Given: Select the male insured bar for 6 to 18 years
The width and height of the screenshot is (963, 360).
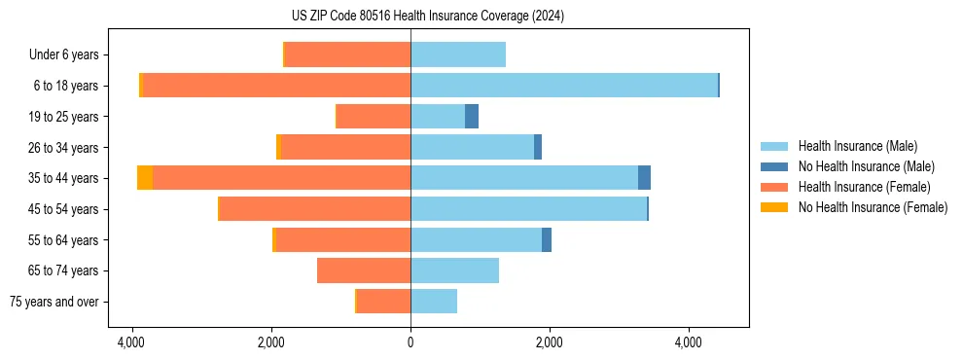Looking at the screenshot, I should point(564,86).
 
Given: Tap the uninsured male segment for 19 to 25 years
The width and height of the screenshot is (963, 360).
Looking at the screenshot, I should point(472,117).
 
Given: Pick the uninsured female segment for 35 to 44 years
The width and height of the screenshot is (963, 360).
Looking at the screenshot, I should point(145,178).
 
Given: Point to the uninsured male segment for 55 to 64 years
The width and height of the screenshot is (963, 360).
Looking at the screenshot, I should point(547,239).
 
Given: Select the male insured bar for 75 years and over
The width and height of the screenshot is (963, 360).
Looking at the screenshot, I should point(434,302).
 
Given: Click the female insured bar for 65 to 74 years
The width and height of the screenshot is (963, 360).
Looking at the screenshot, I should point(364,270).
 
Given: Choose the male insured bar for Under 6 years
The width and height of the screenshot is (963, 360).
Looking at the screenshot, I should point(458,54).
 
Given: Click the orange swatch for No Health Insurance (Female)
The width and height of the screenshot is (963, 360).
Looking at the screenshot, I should point(774,207).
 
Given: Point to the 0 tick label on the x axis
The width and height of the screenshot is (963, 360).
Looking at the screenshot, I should point(410,342).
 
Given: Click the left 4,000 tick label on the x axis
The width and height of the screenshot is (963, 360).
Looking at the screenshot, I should point(131,342).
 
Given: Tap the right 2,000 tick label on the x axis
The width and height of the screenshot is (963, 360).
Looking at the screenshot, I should point(550,342).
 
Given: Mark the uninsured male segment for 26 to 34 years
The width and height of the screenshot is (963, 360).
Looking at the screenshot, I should point(538,147).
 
